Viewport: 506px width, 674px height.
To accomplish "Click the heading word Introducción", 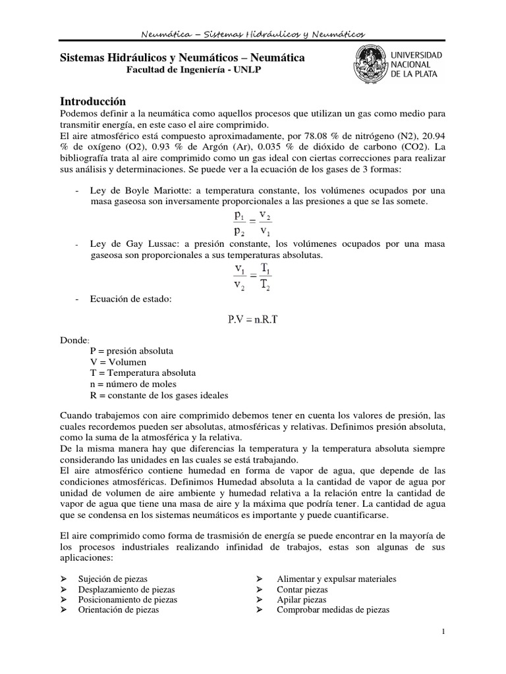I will [x=93, y=101].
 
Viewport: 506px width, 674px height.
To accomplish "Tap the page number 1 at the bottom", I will [x=444, y=632].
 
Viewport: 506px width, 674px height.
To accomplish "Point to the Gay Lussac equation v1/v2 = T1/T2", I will [x=252, y=276].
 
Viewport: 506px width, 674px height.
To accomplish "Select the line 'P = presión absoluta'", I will [x=131, y=351].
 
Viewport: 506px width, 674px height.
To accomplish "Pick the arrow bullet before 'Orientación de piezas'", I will [x=64, y=610].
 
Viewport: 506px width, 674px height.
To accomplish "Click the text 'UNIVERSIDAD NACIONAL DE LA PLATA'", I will [x=417, y=65].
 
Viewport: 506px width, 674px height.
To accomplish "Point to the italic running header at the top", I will [x=253, y=34].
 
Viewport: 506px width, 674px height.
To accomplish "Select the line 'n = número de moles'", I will [x=133, y=384].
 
